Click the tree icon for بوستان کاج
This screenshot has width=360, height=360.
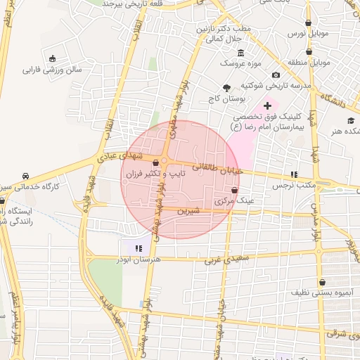226,89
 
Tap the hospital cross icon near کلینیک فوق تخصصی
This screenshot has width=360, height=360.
267,105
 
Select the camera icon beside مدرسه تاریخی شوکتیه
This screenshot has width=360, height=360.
276,75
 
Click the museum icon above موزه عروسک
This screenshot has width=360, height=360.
241,53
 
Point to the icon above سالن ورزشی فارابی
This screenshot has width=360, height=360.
53,58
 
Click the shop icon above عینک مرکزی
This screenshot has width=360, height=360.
234,190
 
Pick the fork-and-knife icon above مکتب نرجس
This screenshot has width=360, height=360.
295,174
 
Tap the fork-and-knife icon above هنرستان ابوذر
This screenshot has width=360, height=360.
139,248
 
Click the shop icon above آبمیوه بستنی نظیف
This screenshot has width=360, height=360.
322,281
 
